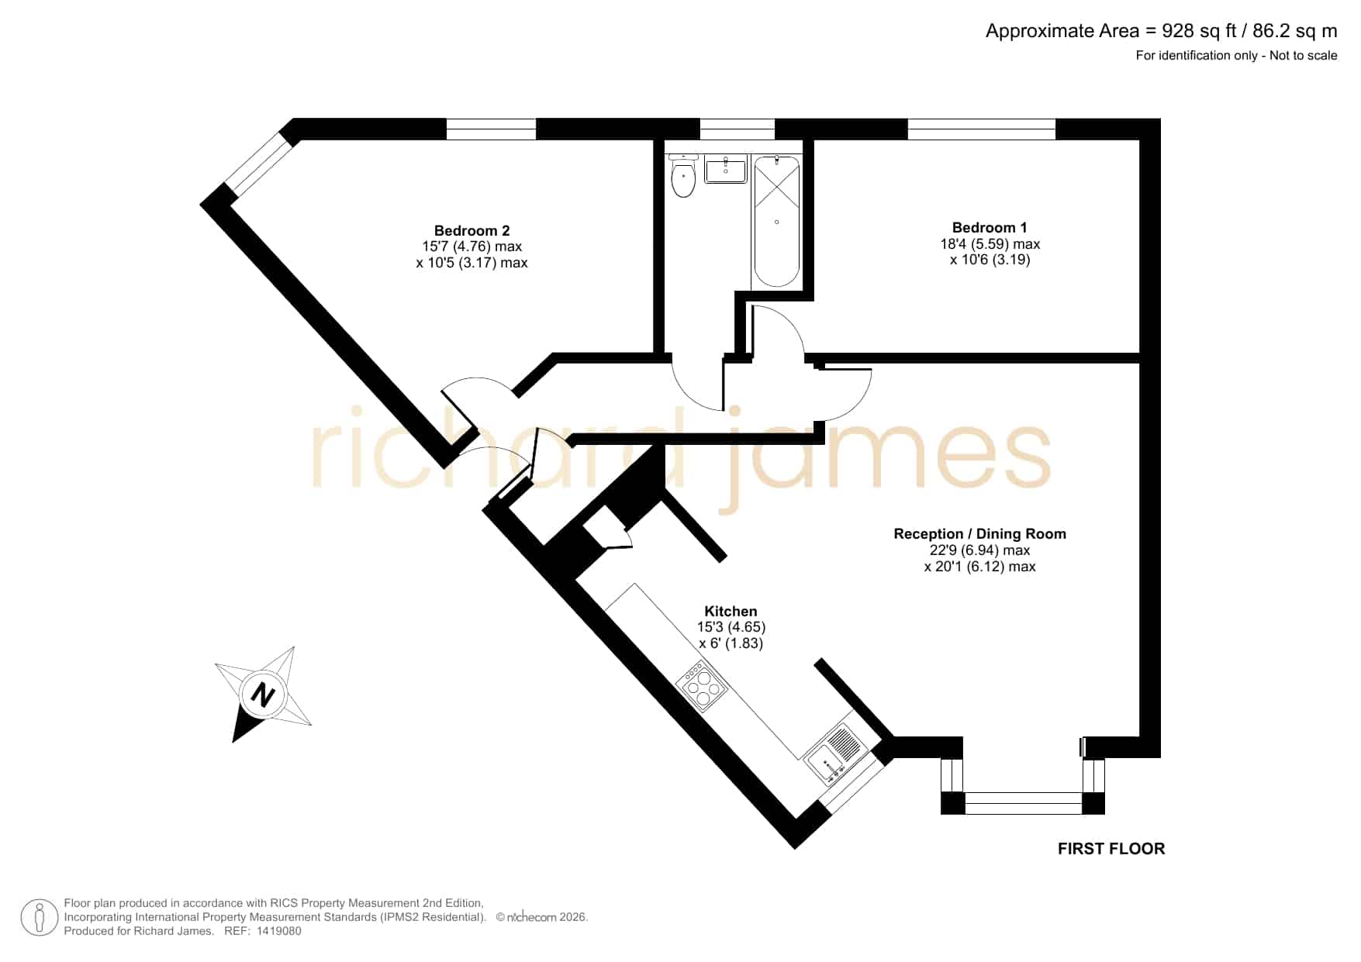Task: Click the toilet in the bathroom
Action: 682,176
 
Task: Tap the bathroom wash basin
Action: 725,168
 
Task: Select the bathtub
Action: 776,221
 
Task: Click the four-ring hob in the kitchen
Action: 703,686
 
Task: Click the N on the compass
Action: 264,694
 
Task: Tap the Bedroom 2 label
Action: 472,230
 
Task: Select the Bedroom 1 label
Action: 990,227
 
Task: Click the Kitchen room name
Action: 731,611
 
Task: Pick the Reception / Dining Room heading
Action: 979,533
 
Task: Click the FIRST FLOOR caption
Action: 1111,849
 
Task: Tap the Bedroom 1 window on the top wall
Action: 982,129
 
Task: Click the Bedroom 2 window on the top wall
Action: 491,129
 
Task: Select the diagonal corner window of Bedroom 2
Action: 257,163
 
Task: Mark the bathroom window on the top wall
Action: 737,129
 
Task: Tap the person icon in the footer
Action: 39,917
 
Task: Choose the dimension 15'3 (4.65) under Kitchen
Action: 731,627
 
